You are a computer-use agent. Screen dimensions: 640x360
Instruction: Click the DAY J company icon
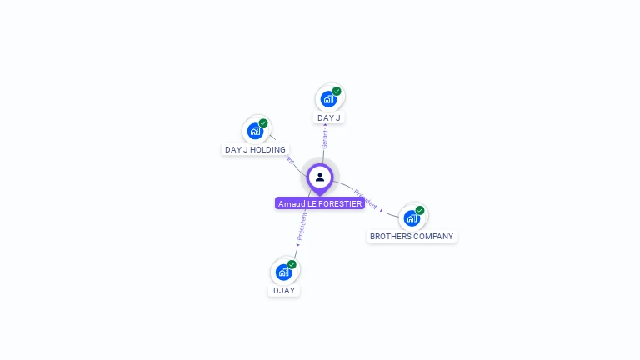[328, 99]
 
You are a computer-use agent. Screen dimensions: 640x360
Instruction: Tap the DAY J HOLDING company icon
[255, 131]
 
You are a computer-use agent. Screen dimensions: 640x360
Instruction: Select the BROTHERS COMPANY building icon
[411, 218]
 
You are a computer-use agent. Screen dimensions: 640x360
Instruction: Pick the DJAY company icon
[284, 272]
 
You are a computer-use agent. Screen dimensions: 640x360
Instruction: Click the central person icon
[320, 177]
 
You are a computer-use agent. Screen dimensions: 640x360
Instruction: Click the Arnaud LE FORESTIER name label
[320, 203]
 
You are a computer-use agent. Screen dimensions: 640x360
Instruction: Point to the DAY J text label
[329, 118]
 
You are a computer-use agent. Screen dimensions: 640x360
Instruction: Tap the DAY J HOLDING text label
[255, 150]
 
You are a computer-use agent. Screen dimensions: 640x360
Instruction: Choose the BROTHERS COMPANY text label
[412, 237]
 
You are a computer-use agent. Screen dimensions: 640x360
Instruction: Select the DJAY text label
[284, 291]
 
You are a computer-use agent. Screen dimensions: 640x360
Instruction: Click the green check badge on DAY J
[337, 91]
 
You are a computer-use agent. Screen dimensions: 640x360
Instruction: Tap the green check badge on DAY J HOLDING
[263, 123]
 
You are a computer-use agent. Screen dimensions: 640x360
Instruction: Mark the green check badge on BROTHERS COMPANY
[420, 210]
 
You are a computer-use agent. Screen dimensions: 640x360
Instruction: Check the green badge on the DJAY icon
[292, 264]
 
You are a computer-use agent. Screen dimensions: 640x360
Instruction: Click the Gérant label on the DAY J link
[325, 139]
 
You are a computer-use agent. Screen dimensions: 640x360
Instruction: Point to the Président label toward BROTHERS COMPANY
[365, 198]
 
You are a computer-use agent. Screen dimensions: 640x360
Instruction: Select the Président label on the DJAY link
[302, 226]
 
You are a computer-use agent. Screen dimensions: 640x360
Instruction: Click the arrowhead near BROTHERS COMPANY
[382, 211]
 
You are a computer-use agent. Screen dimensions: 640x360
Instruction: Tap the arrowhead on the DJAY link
[297, 245]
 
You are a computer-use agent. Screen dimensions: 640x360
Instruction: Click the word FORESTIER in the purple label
[342, 203]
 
